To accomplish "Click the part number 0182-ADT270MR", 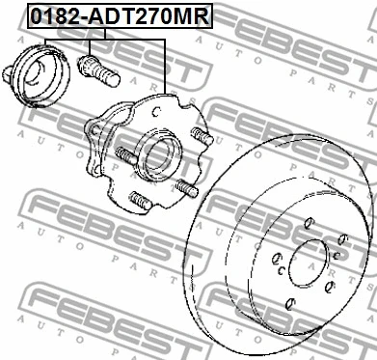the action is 120,16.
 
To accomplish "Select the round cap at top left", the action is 40,76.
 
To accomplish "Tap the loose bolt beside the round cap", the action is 98,70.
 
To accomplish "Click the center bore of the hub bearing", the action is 159,157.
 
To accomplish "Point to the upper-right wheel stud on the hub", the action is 202,136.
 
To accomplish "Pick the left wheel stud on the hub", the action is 126,155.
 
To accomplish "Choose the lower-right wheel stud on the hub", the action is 186,188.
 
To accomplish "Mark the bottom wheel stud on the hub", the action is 140,200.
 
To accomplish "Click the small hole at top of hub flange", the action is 156,111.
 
